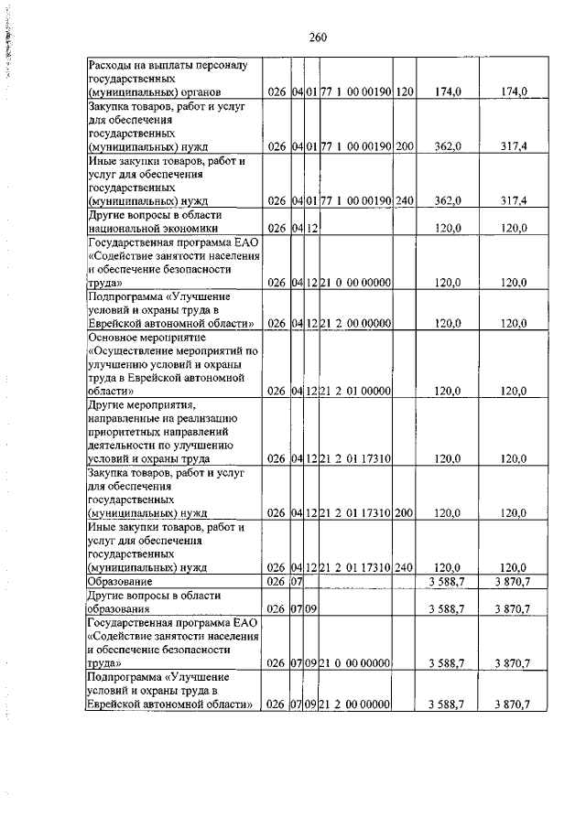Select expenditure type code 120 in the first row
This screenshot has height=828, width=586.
(405, 91)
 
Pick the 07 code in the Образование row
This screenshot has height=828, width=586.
(297, 581)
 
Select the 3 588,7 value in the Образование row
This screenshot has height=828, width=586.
(445, 581)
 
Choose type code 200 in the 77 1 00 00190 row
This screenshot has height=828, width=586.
(405, 145)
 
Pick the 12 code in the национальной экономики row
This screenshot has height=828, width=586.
(310, 228)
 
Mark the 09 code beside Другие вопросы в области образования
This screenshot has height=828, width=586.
(310, 608)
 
